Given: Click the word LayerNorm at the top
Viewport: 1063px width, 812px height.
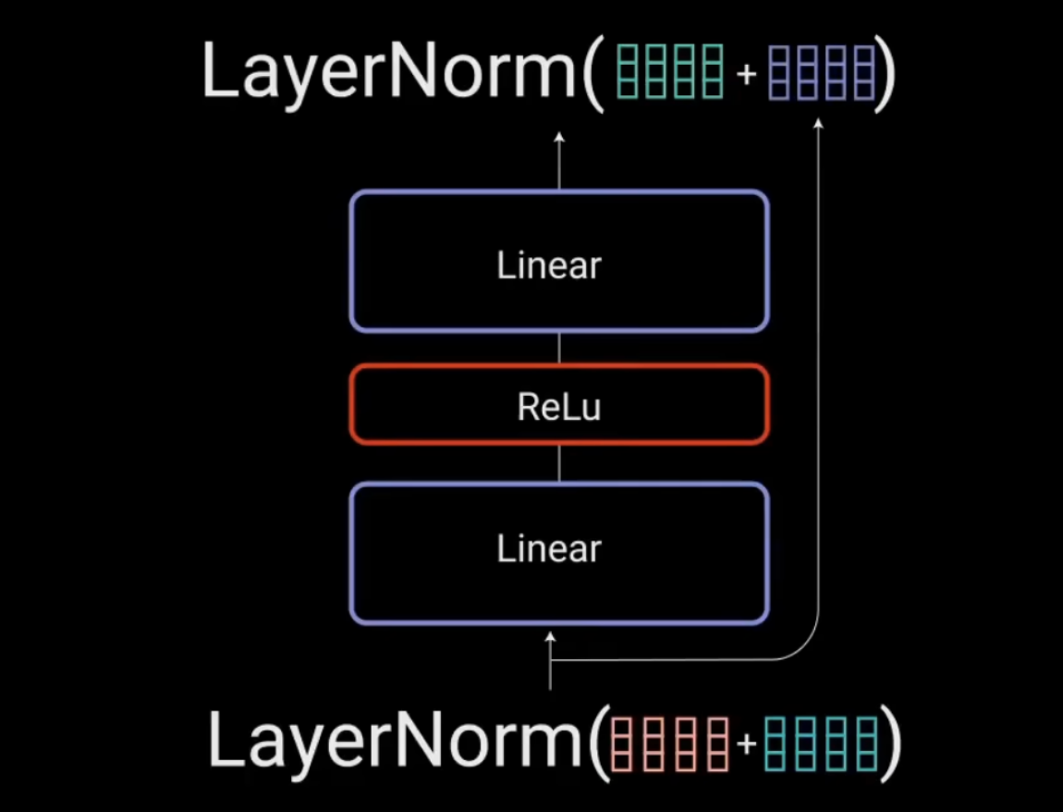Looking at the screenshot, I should tap(388, 71).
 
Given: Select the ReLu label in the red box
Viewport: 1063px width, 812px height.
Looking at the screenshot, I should tap(558, 407).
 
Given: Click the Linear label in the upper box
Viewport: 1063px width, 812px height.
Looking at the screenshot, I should tap(549, 266).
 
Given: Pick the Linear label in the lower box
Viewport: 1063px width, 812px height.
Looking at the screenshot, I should tap(549, 549).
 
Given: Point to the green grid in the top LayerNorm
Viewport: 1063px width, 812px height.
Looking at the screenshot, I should tap(669, 72).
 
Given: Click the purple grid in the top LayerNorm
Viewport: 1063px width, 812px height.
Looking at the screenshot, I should tap(822, 72).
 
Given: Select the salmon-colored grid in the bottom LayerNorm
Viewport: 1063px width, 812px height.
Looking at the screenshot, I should tap(666, 742).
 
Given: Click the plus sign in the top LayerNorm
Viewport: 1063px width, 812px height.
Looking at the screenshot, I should tap(746, 73).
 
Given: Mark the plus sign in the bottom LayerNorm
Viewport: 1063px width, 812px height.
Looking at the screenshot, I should tap(746, 743).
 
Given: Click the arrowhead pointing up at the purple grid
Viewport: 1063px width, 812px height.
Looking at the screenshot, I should tap(818, 123).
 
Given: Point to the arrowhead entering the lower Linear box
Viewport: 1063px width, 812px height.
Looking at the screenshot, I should tap(551, 636).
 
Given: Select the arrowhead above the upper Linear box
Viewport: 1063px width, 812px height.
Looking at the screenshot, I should tap(558, 137).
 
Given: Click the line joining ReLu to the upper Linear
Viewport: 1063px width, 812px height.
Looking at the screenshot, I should tap(559, 349).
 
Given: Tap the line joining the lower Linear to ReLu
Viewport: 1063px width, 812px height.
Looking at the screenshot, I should tap(559, 463).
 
